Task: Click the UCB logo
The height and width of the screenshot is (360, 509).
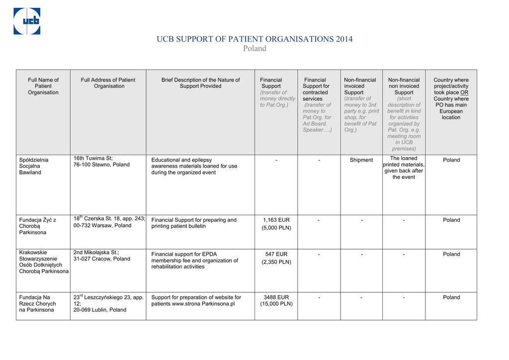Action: point(27,21)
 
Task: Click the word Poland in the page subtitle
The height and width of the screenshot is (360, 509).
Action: point(254,48)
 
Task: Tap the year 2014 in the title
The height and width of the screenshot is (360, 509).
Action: point(344,39)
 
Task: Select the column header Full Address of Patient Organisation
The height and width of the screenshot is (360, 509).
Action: point(108,83)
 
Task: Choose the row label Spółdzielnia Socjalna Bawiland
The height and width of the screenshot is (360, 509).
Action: point(34,166)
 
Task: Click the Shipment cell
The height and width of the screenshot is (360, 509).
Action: point(361,160)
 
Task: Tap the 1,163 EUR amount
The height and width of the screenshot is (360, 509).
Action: point(276,220)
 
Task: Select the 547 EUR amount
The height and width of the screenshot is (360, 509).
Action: point(276,254)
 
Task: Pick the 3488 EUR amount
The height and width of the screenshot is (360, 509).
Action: point(276,297)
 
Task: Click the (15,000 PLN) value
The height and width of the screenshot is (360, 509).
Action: point(276,304)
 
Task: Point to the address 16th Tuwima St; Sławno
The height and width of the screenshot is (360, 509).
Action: point(101,162)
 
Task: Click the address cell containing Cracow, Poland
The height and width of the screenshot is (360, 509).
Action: point(102,256)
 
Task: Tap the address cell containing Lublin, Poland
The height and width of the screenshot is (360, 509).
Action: point(108,303)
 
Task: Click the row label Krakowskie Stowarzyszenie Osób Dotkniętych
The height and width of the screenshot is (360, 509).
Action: point(43,262)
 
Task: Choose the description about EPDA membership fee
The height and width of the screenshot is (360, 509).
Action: point(195,261)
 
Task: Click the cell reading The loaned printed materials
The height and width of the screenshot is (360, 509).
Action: point(404,168)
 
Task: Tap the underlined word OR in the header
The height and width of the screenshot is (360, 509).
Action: point(464,92)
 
